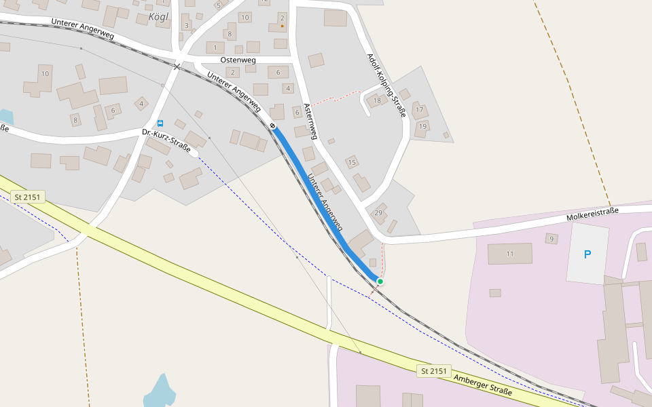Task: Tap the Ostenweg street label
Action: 238,60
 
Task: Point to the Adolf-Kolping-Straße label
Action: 386,85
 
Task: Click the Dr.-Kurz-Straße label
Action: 166,140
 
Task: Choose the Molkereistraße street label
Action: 593,215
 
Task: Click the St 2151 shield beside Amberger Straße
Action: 434,371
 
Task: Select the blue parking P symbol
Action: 587,254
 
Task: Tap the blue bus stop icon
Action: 160,123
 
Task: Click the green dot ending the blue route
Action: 380,282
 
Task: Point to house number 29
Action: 378,213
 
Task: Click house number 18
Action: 377,101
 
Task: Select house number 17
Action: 419,110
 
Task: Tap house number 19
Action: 422,126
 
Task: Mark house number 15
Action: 352,162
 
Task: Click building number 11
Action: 510,254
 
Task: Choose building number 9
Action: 551,239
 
